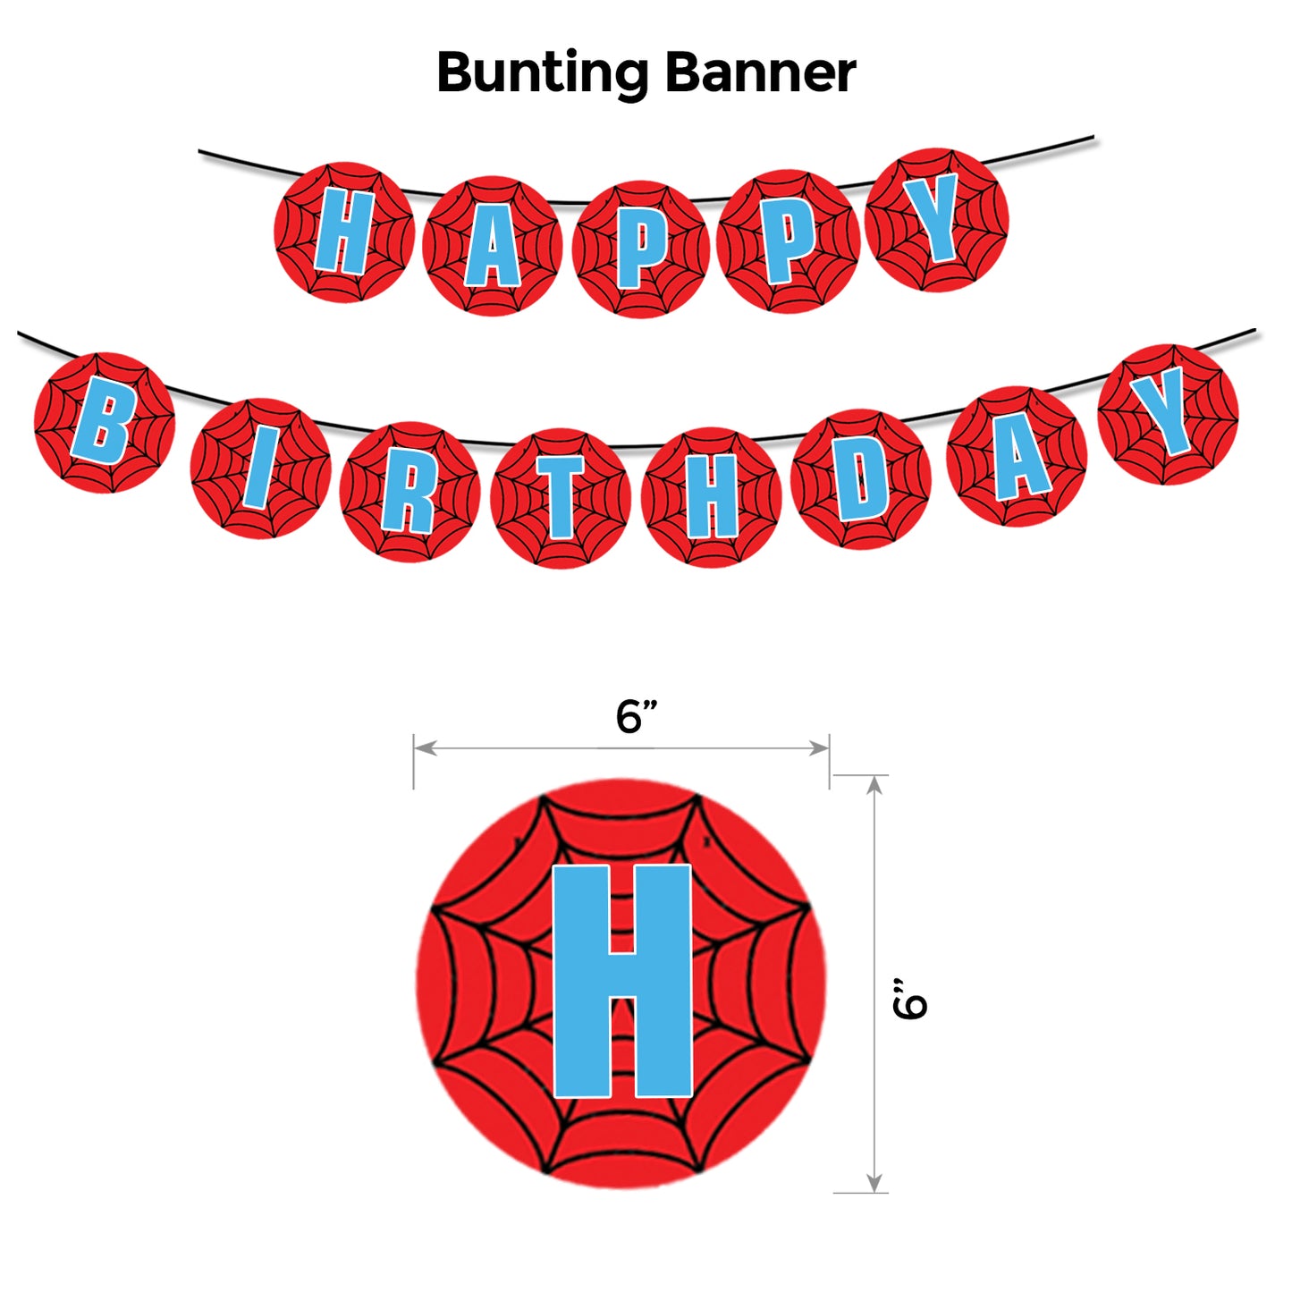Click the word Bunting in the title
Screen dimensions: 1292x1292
542,73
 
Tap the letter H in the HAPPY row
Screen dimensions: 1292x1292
343,232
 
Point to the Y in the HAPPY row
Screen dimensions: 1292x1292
935,219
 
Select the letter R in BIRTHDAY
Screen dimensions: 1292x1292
409,492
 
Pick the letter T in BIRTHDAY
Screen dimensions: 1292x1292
561,497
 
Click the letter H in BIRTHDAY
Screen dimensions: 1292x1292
712,497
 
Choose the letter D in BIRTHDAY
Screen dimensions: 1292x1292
860,480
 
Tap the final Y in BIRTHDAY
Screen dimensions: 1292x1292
1167,413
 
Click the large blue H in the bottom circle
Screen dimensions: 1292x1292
622,981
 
